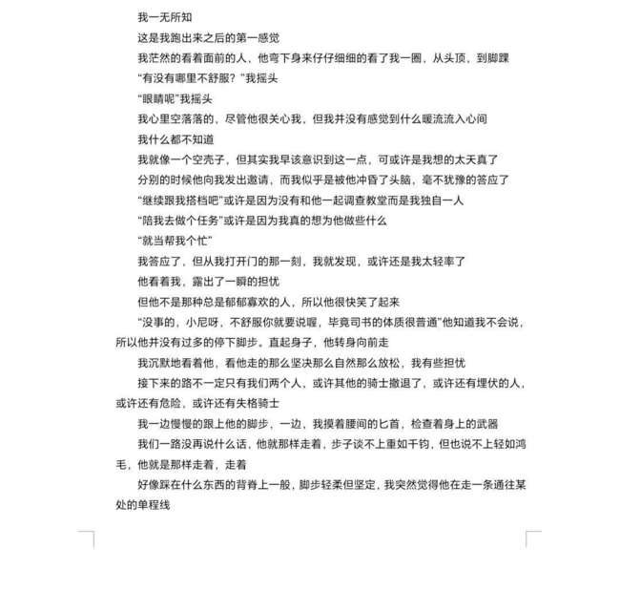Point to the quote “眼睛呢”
point(158,98)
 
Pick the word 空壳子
point(209,159)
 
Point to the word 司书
point(375,323)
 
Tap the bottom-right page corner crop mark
point(532,538)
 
